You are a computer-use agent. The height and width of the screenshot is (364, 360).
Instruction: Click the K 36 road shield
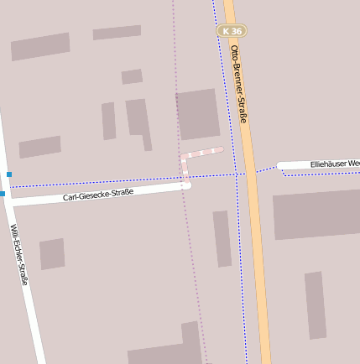(x=232, y=31)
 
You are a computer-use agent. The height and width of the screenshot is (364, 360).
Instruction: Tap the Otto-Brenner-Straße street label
(x=238, y=84)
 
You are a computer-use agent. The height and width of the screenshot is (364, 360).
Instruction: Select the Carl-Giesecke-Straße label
(x=98, y=195)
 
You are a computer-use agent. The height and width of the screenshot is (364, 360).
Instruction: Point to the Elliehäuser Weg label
(x=334, y=164)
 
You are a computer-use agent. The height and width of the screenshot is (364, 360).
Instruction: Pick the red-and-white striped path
(x=201, y=153)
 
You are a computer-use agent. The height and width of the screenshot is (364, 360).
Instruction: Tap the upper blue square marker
(x=9, y=174)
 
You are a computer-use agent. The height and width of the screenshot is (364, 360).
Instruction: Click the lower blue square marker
(x=3, y=194)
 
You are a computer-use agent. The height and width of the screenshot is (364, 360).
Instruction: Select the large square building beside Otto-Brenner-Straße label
(x=198, y=113)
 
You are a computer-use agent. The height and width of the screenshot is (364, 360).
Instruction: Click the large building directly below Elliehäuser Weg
(x=316, y=214)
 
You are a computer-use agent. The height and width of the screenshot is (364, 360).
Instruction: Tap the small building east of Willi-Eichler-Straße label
(x=52, y=253)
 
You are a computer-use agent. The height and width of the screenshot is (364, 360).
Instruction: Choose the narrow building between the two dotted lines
(x=222, y=238)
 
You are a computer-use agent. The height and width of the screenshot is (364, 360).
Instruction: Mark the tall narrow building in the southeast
(x=315, y=304)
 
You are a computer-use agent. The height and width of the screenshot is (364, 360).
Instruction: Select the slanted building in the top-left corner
(x=40, y=46)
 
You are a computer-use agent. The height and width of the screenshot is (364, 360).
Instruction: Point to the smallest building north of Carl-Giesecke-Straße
(x=132, y=76)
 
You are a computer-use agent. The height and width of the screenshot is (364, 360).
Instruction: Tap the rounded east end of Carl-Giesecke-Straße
(x=186, y=185)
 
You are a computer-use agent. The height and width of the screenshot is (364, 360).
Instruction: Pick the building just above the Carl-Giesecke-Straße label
(x=40, y=147)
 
